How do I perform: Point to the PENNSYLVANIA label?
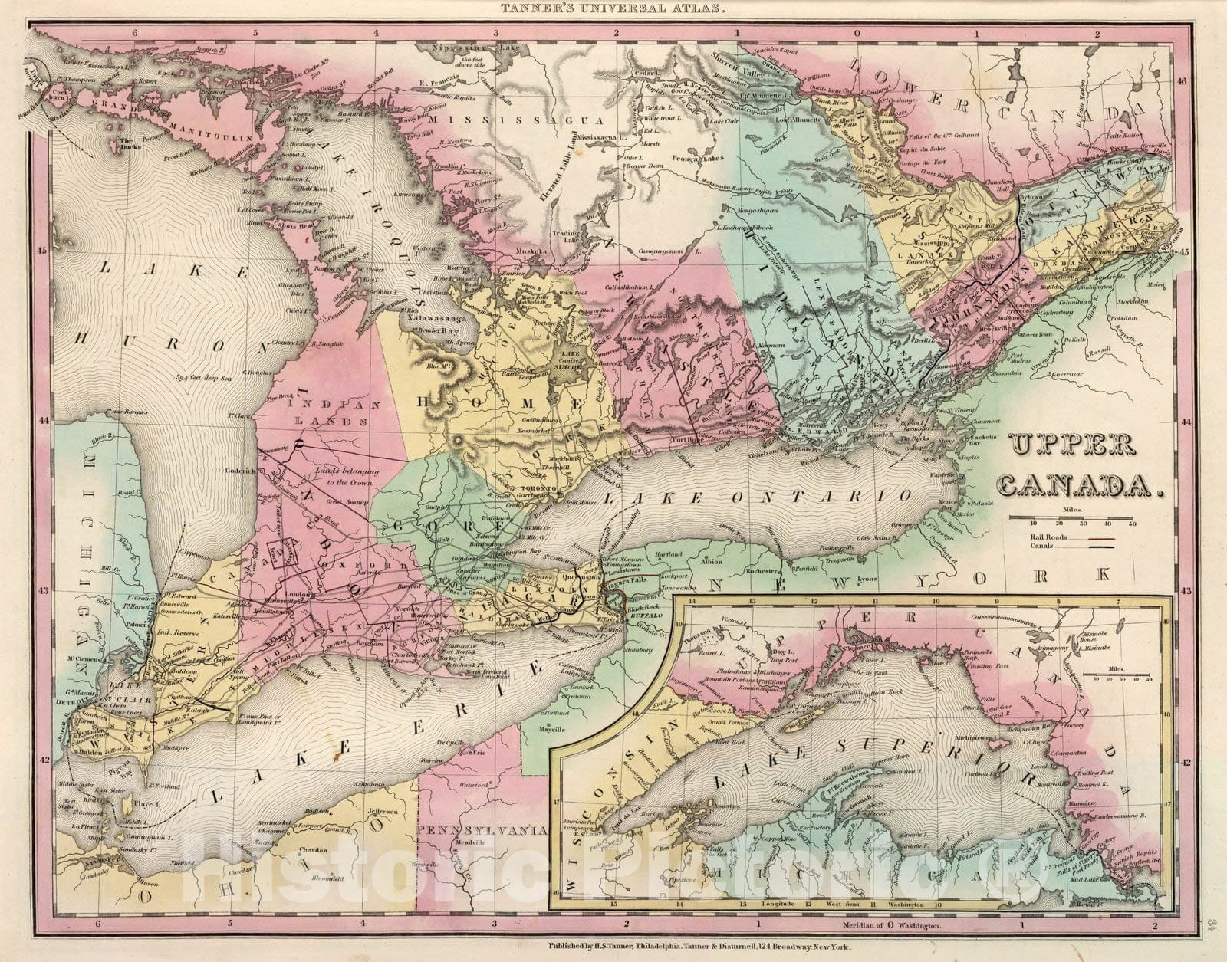(x=480, y=830)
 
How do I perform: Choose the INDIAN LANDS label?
(x=334, y=412)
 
